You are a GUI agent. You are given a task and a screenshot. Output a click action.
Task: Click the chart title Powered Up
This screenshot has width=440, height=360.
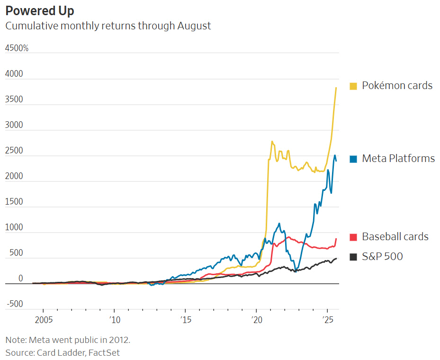tap(40, 10)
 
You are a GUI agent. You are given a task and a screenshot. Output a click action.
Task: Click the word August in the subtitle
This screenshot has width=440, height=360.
tap(194, 26)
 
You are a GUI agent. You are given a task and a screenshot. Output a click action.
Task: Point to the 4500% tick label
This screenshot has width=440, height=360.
tap(17, 48)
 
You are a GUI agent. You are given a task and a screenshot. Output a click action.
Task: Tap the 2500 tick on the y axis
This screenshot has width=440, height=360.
tap(14, 151)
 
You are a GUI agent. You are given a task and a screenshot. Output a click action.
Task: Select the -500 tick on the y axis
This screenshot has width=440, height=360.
tap(14, 304)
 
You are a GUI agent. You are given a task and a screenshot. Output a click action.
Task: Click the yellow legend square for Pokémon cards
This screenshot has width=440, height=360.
tap(353, 86)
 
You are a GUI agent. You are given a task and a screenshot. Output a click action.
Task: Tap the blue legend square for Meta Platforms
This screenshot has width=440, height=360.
tap(353, 159)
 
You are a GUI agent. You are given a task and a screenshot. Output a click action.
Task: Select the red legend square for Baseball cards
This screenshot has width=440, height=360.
tap(353, 237)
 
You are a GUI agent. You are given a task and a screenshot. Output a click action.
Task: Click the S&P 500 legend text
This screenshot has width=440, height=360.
tap(383, 257)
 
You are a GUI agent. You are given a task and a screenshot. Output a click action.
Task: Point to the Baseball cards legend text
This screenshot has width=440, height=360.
tap(395, 237)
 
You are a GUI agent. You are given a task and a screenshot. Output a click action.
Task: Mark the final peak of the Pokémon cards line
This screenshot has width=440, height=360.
tap(336, 88)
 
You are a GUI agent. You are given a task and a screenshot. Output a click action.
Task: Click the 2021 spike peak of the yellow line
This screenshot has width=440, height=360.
tap(272, 141)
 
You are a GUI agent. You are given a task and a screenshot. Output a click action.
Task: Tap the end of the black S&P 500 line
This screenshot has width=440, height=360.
tap(336, 259)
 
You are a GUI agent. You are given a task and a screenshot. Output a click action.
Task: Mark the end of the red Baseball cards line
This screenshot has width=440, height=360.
tap(336, 239)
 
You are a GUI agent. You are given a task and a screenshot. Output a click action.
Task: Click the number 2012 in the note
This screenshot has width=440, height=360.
tap(117, 340)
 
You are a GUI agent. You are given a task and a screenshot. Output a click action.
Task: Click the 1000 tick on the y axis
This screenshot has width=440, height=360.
tap(14, 227)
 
